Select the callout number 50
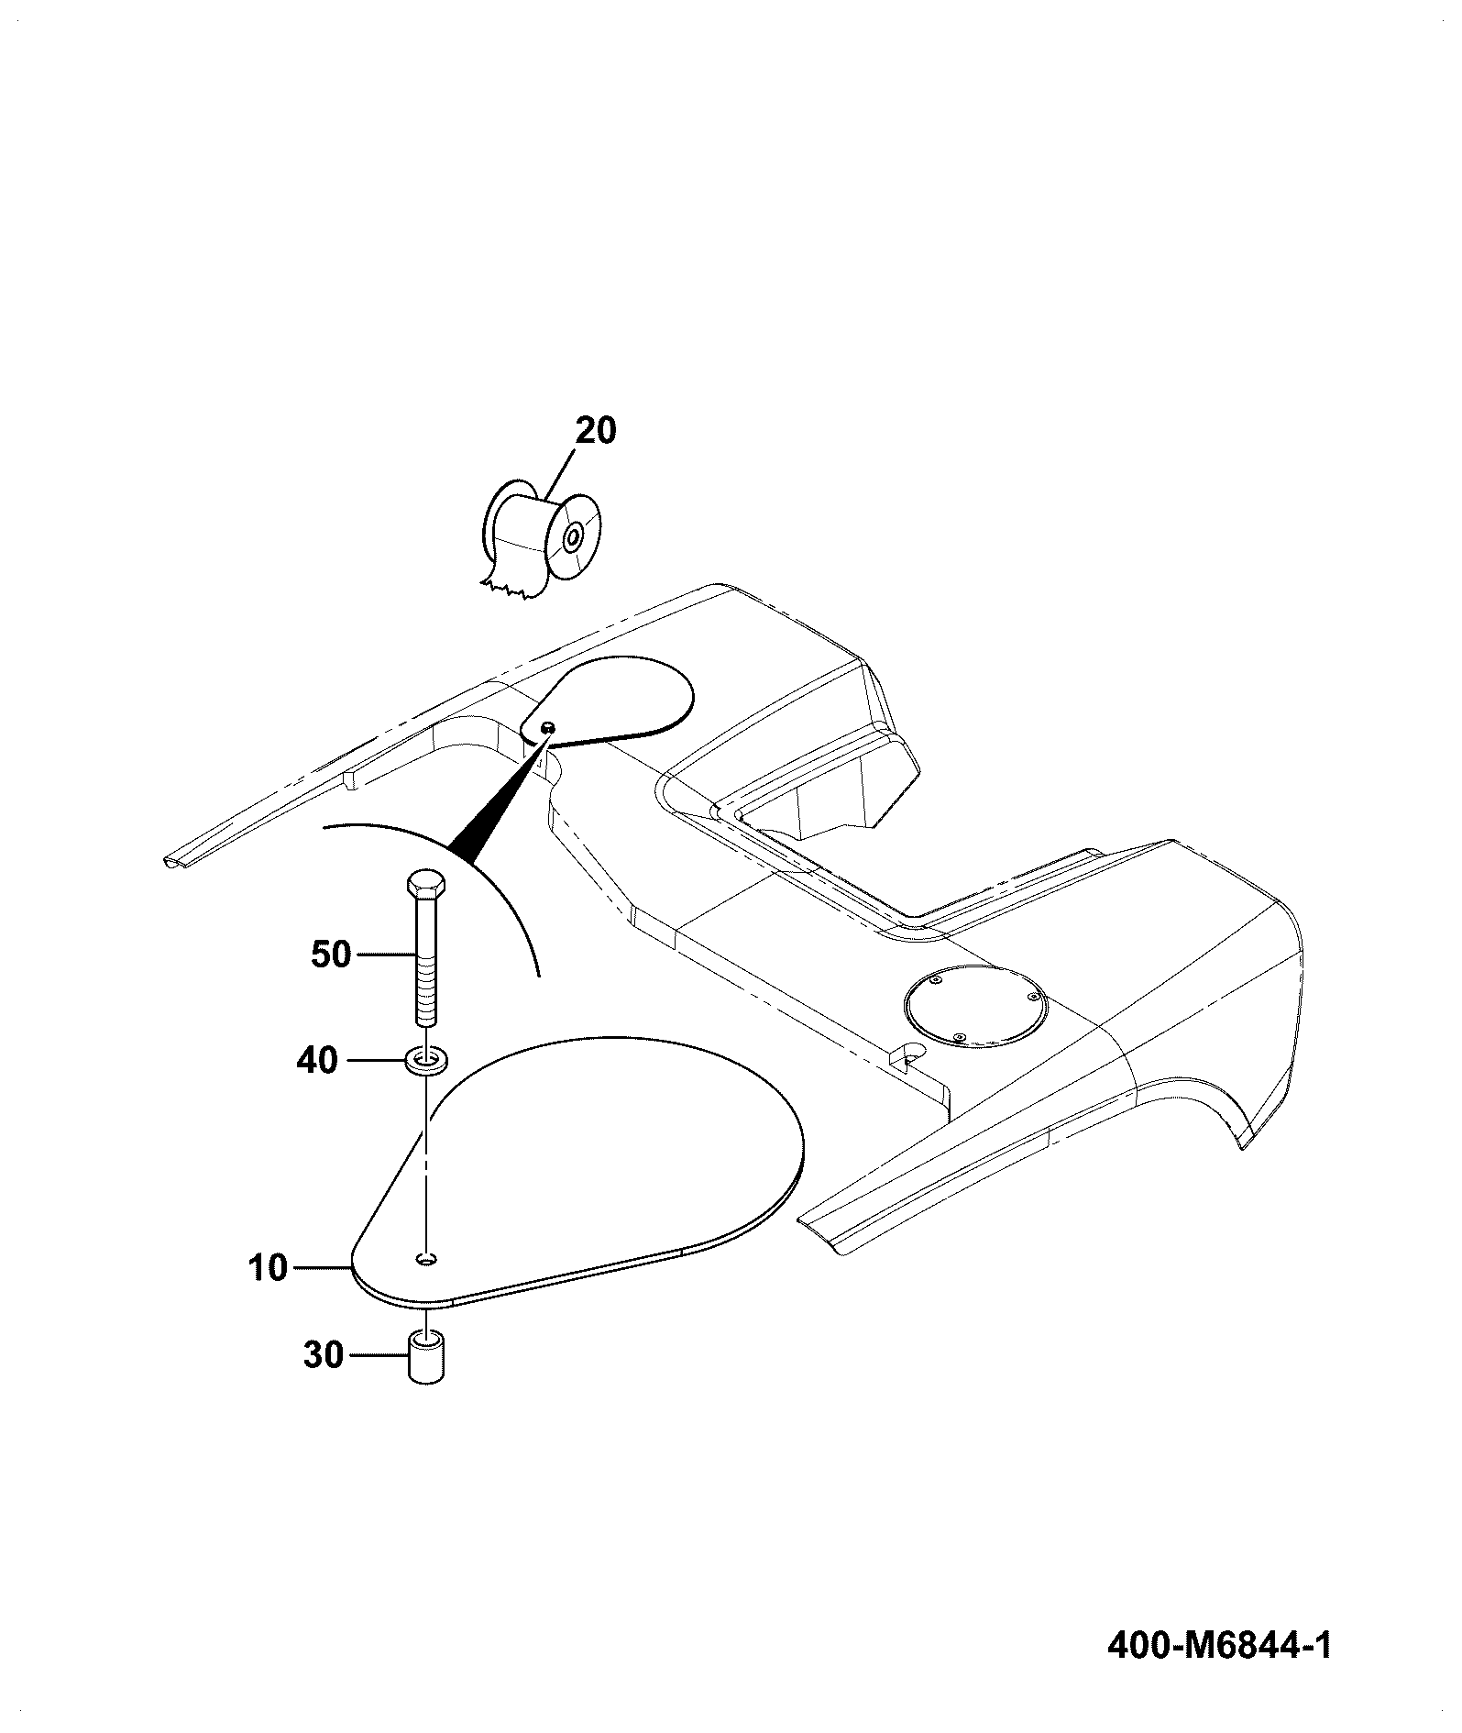[x=332, y=955]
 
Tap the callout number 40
[x=317, y=1062]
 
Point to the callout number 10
[x=268, y=1269]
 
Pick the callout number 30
[x=324, y=1355]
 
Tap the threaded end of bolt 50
[x=425, y=989]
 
